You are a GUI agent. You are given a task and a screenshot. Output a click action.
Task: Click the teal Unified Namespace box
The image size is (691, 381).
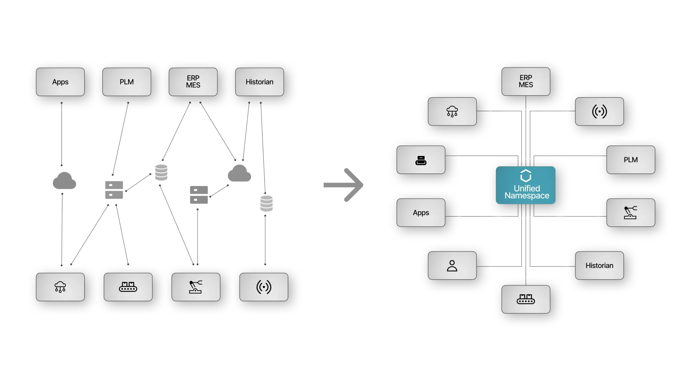[526, 185]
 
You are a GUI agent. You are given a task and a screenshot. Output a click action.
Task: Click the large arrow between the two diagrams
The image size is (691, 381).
[343, 185]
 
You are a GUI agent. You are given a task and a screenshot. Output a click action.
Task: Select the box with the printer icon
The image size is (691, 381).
[421, 160]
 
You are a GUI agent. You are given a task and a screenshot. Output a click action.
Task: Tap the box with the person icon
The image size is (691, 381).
[452, 266]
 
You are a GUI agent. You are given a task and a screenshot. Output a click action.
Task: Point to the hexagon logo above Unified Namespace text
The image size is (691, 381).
[526, 176]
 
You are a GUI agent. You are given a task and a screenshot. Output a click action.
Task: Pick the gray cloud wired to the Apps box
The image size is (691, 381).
[64, 180]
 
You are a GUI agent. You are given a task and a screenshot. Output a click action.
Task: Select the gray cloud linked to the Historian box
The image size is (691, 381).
[239, 173]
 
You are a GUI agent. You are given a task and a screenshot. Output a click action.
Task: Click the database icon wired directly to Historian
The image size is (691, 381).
[266, 203]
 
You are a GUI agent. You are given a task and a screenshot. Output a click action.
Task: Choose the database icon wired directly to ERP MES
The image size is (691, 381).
[161, 173]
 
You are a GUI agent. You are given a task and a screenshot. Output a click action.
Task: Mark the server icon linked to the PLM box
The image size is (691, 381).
[114, 190]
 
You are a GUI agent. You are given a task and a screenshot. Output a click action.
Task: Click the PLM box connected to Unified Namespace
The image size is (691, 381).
[631, 160]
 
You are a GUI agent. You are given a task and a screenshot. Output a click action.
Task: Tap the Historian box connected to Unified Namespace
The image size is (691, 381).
[599, 266]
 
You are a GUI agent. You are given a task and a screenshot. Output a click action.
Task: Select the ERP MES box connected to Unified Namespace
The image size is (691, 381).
[526, 82]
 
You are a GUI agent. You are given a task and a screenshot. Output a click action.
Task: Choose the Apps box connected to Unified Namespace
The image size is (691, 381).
[421, 213]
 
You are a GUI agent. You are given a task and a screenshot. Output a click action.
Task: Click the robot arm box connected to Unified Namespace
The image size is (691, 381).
[631, 213]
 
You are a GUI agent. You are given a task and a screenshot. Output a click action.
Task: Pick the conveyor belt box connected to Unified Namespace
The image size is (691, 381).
[526, 299]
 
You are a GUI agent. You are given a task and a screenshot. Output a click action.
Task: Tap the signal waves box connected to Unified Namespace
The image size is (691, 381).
[599, 111]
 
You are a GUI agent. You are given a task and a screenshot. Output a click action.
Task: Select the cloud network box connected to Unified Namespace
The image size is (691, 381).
[452, 111]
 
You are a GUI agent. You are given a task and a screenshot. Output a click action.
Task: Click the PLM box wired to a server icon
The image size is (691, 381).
[127, 82]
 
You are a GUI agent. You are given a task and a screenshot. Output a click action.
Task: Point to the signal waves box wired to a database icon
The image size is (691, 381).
[264, 287]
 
